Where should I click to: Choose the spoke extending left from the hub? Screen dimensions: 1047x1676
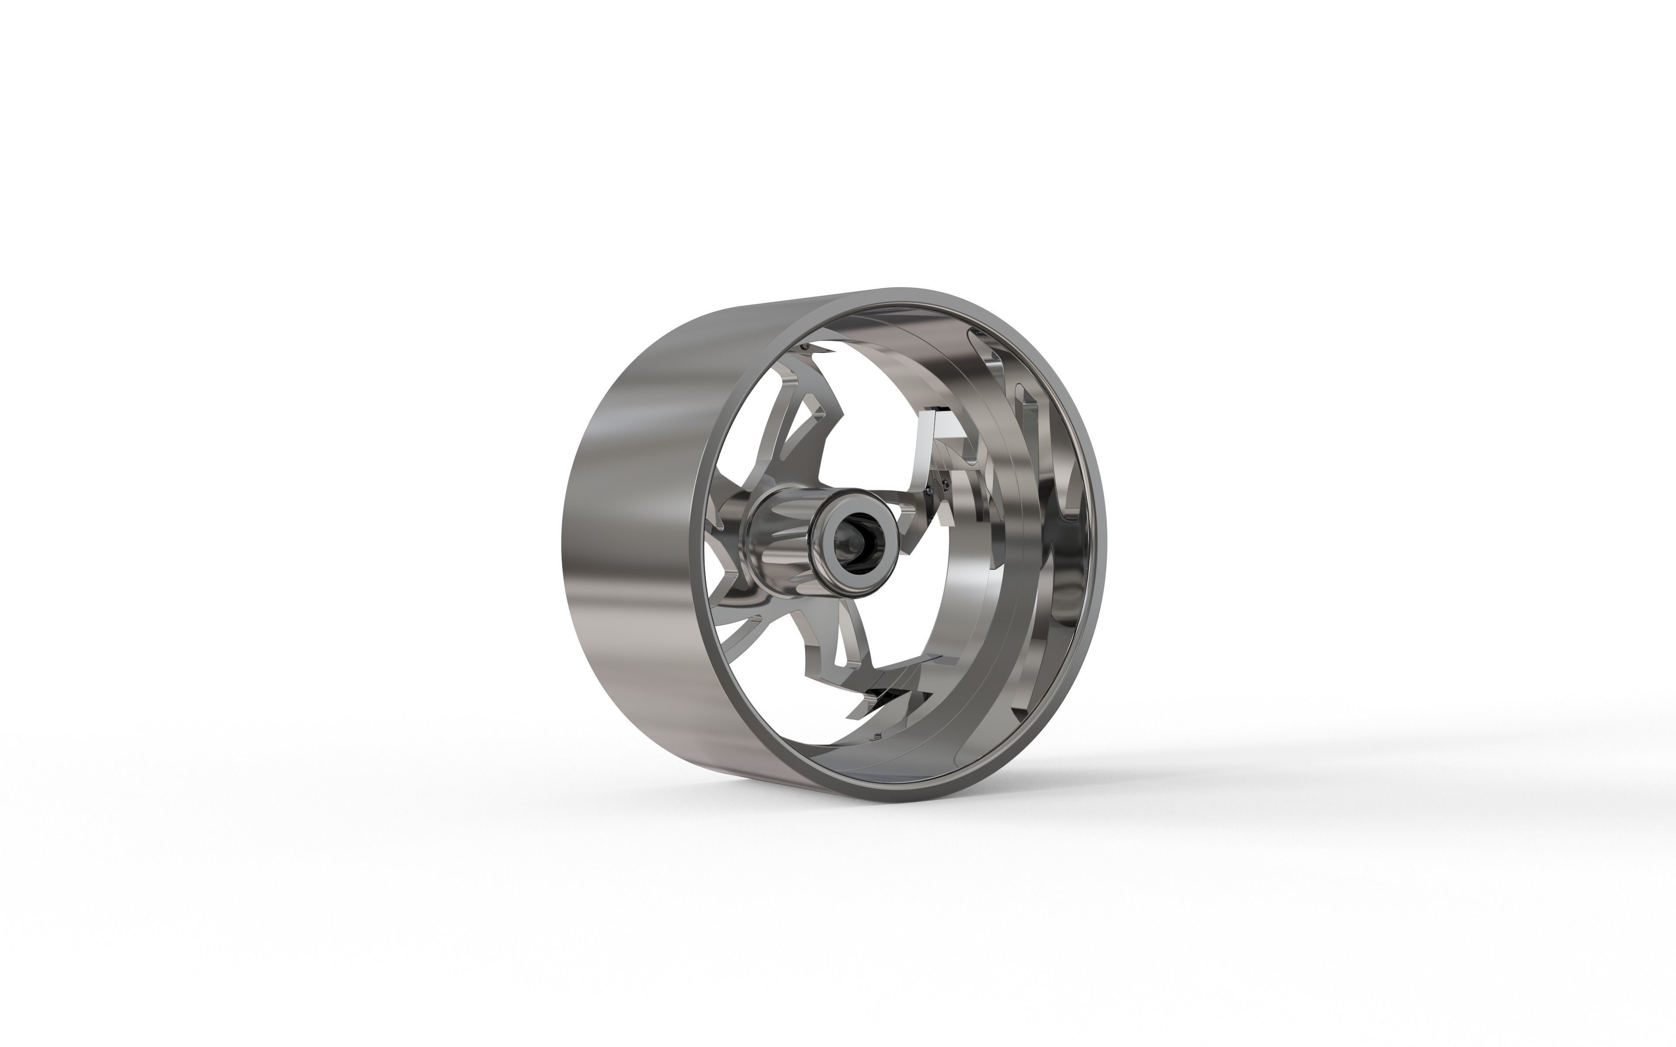(727, 554)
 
